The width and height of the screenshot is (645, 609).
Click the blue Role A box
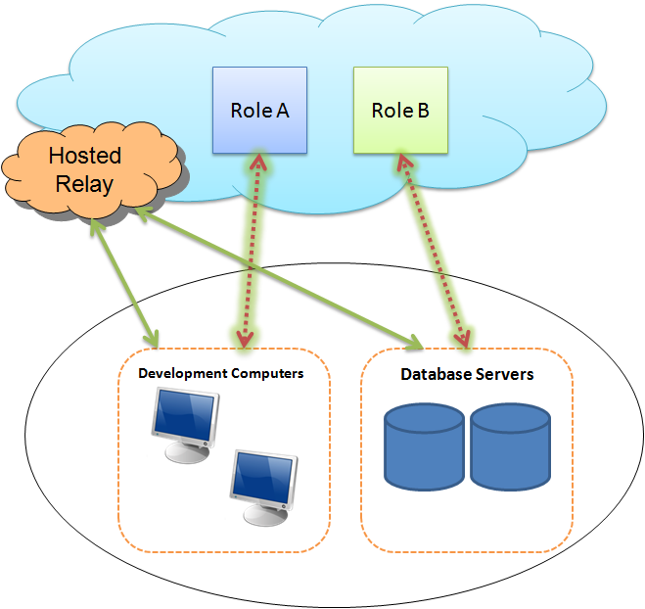pyautogui.click(x=259, y=110)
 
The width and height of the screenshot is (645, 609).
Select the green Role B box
pyautogui.click(x=399, y=110)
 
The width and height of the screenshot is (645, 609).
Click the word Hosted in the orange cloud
pyautogui.click(x=85, y=156)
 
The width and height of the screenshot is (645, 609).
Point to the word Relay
pyautogui.click(x=85, y=183)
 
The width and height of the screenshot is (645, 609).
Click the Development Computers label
pyautogui.click(x=221, y=373)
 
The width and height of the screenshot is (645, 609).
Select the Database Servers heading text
pyautogui.click(x=467, y=374)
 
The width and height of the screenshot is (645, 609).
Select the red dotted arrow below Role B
pyautogui.click(x=432, y=250)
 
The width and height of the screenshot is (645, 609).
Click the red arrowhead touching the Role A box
pyautogui.click(x=257, y=162)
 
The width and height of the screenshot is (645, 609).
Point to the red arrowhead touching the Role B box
pyautogui.click(x=402, y=162)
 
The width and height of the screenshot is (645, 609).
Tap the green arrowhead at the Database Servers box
pyautogui.click(x=413, y=343)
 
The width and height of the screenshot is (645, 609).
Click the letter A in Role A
pyautogui.click(x=282, y=110)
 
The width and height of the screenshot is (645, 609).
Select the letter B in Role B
pyautogui.click(x=423, y=110)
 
